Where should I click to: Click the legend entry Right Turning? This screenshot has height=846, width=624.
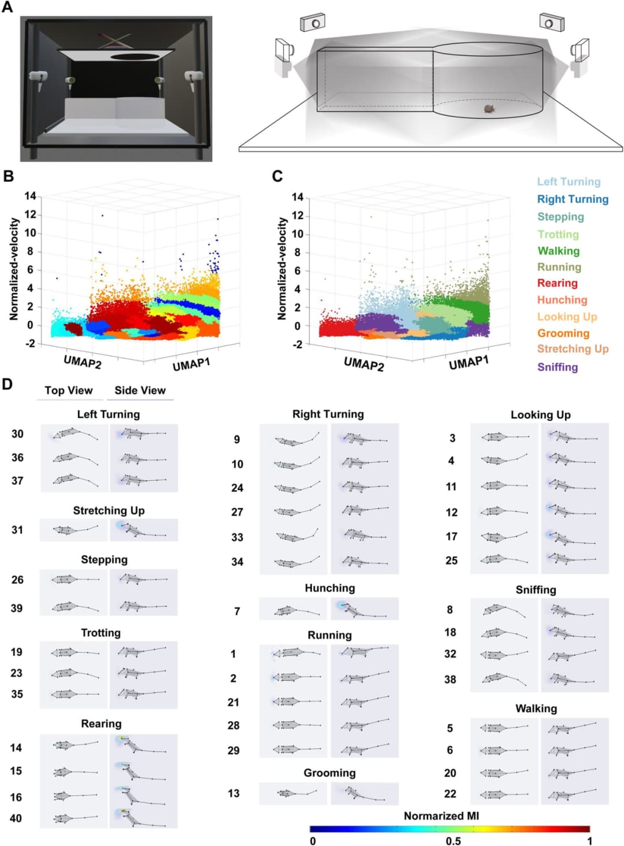(x=573, y=199)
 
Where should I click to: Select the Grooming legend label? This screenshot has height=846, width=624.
(x=563, y=333)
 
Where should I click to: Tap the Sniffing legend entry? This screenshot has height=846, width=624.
(x=558, y=367)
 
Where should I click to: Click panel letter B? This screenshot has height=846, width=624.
(x=9, y=176)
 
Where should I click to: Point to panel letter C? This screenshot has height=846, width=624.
(x=277, y=176)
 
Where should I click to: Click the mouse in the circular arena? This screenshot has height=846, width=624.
(x=489, y=109)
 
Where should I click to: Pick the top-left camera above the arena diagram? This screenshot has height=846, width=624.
(x=313, y=23)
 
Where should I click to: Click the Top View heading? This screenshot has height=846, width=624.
(x=69, y=391)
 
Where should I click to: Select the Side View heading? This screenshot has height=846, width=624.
(x=140, y=391)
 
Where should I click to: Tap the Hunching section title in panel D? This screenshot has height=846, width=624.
(x=330, y=588)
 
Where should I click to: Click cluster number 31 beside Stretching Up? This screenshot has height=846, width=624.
(x=17, y=530)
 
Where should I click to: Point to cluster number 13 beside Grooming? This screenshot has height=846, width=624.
(x=233, y=793)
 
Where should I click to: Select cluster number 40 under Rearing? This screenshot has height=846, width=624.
(x=16, y=818)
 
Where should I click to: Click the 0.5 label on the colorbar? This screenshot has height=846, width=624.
(x=454, y=841)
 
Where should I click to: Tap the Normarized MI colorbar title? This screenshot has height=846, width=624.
(x=441, y=816)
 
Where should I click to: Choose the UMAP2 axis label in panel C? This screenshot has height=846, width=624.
(x=363, y=363)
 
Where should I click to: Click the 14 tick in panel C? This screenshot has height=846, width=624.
(x=298, y=197)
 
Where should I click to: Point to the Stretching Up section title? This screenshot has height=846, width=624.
(x=109, y=511)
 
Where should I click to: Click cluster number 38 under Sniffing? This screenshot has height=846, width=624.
(x=450, y=680)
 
